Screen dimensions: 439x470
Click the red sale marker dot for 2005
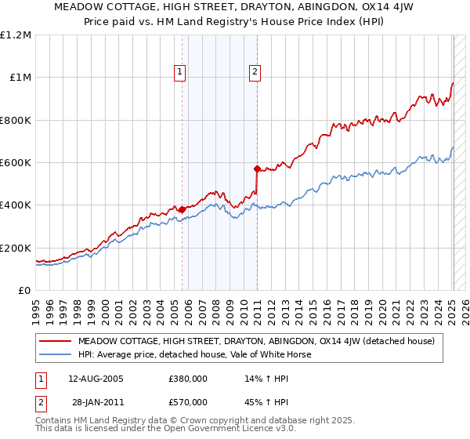(182, 209)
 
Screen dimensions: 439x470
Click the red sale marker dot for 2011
(257, 169)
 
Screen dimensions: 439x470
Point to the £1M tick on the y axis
(20, 78)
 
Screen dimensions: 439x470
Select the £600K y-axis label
(16, 163)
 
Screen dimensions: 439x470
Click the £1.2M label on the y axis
(16, 35)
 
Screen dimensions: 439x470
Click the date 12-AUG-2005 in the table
(96, 379)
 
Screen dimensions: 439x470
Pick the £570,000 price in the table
(187, 402)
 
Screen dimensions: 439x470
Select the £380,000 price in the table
(187, 379)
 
